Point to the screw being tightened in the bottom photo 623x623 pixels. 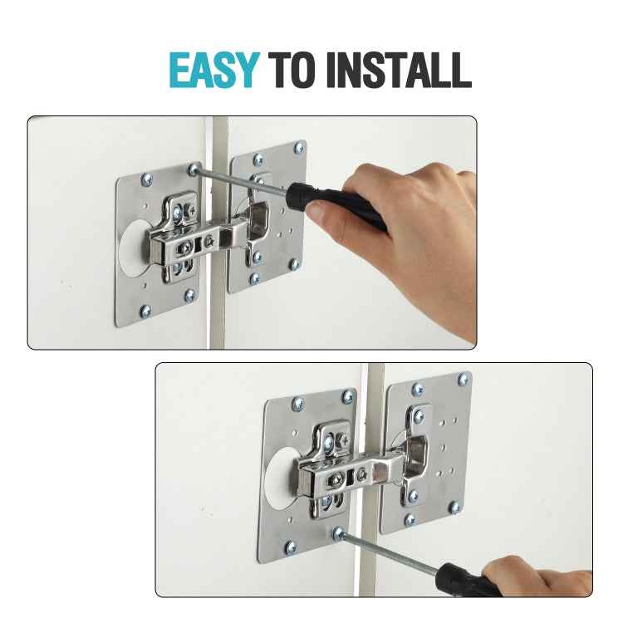click(x=338, y=532)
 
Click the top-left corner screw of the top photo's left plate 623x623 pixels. click(x=149, y=178)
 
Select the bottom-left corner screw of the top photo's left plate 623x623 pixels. click(x=145, y=311)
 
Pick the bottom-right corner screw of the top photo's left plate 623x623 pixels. click(x=190, y=294)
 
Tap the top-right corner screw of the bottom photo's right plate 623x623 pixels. click(x=463, y=379)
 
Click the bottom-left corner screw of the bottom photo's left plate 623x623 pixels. click(x=291, y=547)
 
